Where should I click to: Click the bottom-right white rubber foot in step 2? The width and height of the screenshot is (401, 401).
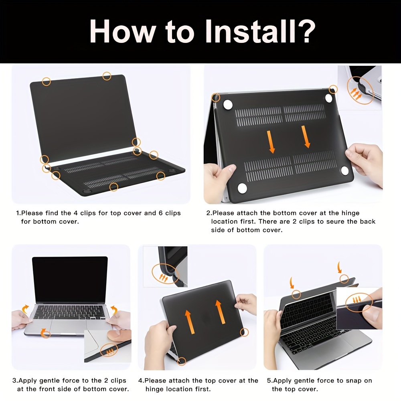345,171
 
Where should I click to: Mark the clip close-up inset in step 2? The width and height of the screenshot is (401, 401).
360,85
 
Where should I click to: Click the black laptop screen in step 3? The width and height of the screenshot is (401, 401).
70,279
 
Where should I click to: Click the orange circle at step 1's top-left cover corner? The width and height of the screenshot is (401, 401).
47,81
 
